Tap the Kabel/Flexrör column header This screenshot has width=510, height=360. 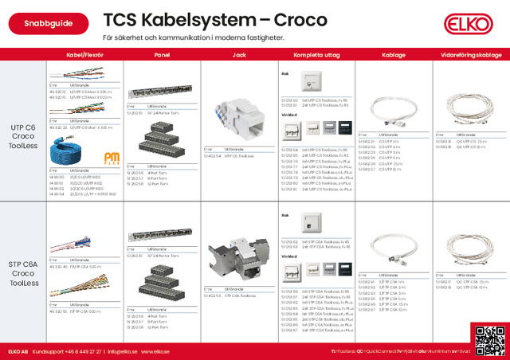pos(86,55)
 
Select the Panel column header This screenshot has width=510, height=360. pos(162,55)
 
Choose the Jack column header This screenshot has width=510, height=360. pos(237,55)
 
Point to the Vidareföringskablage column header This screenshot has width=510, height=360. pos(470,55)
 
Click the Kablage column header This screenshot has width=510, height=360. pos(394,55)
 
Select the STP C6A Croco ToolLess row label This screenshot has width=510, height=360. pos(24,272)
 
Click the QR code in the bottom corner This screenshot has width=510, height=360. pos(488,340)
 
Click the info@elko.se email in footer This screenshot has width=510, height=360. pos(123,351)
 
